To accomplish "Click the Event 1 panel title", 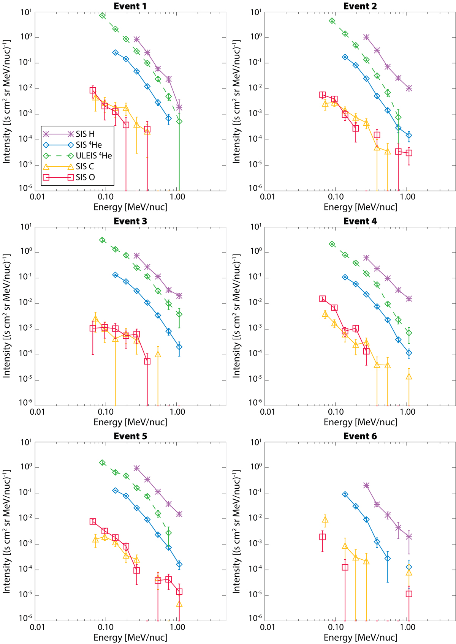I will pos(130,6).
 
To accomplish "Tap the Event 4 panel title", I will pos(360,221).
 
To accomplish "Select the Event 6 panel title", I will pos(360,436).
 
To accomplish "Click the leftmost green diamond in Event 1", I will pos(102,16).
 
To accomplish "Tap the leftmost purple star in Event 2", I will pos(366,37).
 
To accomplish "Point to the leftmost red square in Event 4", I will pos(323,299).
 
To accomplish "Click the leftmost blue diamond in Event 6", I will pos(345,494).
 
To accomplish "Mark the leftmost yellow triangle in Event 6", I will pos(325,520).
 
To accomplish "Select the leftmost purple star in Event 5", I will pos(136,468).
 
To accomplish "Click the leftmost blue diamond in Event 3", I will pos(116,275).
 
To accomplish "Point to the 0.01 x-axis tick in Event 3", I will pos(37,412).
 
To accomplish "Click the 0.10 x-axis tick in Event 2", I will pos(335,197).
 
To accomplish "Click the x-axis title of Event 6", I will pos(360,637).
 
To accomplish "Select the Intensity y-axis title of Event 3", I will pos(6,316).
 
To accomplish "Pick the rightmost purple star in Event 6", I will pos(409,537).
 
